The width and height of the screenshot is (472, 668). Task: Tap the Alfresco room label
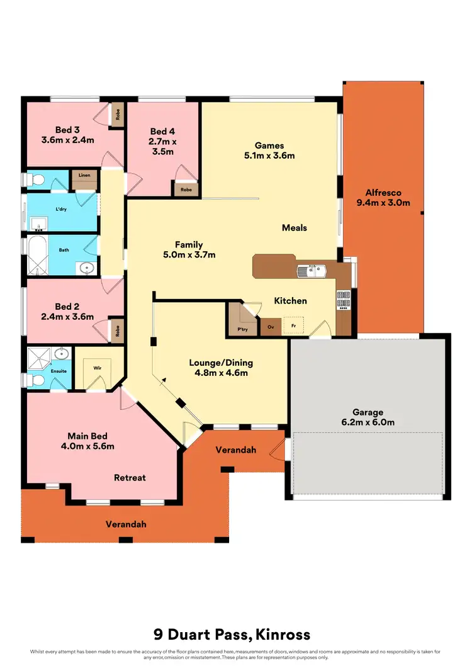click(383, 193)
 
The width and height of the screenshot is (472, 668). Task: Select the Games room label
click(269, 145)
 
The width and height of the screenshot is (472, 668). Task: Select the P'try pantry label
click(240, 329)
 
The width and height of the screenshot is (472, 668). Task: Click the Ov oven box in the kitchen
click(271, 327)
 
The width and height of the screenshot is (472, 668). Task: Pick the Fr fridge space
click(293, 326)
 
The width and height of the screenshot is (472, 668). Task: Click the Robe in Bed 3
click(116, 115)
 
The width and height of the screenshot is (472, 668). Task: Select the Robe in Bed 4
click(187, 188)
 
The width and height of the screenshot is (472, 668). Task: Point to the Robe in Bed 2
click(116, 331)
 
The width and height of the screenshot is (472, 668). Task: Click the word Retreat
click(130, 477)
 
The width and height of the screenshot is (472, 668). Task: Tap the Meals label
click(294, 227)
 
